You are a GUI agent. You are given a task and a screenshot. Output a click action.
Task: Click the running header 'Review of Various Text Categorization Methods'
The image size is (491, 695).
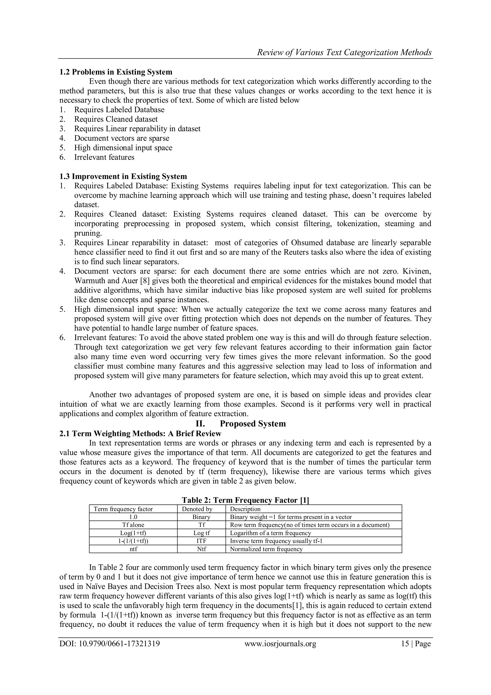coord(344,53)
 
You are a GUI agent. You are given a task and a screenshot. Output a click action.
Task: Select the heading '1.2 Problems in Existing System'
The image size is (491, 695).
coord(116,72)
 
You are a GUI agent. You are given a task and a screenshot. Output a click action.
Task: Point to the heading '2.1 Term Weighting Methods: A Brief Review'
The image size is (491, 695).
coord(140,433)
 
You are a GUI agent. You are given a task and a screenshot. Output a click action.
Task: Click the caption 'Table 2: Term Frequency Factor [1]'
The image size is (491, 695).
coord(245,500)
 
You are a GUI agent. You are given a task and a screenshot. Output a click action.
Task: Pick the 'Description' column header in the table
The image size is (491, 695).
coord(245,509)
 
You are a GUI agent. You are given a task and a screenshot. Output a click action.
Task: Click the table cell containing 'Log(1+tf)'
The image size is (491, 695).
coord(133,533)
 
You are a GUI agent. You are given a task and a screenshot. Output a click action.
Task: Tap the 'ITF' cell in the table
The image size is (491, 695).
coord(201,541)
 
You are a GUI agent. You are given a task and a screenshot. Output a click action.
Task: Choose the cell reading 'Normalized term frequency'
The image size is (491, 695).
coord(266,549)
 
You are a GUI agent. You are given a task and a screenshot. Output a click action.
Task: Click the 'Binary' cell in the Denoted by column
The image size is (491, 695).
coord(201,517)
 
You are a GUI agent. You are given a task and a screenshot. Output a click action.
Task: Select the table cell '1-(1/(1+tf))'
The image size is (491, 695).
coord(133,541)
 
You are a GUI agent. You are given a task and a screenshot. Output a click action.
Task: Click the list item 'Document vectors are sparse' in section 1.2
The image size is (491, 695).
coord(122,138)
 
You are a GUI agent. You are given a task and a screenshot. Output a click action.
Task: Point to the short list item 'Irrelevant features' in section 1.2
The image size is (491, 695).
coord(104,157)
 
